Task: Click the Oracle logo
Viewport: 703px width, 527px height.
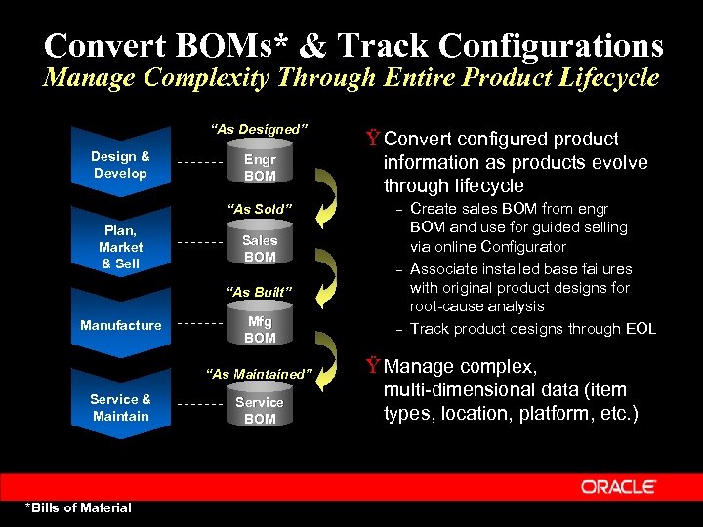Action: [618, 486]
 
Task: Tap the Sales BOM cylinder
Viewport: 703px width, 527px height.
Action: [260, 248]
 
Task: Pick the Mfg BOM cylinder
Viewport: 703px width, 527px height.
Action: [260, 330]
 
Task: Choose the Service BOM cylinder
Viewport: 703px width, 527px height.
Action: [260, 410]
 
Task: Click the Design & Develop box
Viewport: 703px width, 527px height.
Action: [120, 165]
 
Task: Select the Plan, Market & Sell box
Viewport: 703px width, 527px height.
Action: [120, 247]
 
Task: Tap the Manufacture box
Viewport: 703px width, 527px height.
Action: [120, 325]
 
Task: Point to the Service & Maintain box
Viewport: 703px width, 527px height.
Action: [120, 408]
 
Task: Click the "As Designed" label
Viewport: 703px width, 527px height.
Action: [260, 130]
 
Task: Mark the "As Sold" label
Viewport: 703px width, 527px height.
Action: [259, 209]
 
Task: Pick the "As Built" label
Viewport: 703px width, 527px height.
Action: [259, 292]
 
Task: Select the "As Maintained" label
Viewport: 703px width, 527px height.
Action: [260, 374]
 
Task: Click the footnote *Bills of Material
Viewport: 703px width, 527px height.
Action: [78, 507]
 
